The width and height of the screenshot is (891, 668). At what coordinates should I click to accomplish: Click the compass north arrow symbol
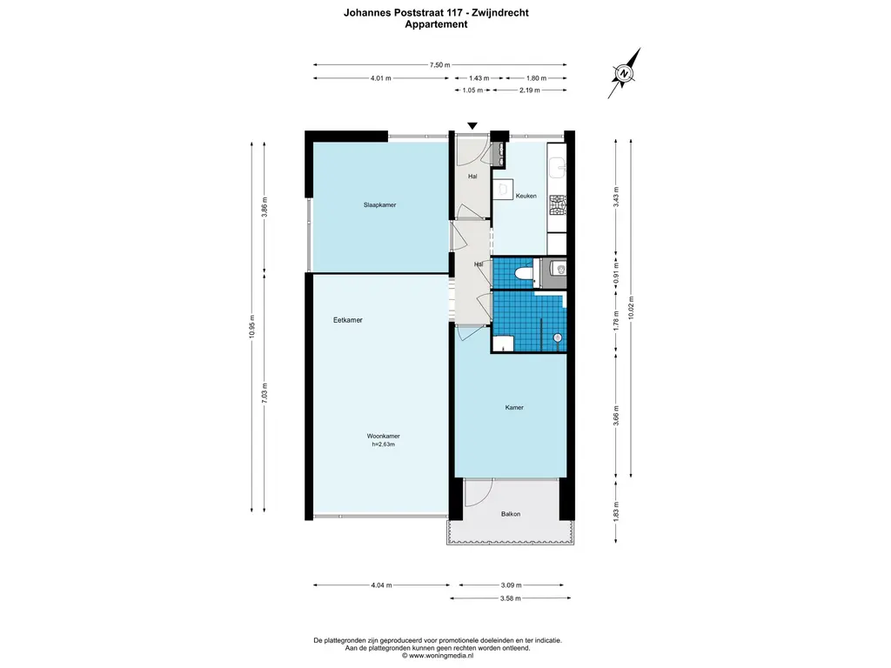coord(623,75)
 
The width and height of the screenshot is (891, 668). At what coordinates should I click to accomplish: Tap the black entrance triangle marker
coord(472,127)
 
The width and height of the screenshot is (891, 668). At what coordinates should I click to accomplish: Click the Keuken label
coord(526,196)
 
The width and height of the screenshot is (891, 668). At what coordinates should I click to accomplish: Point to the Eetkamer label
coord(347,320)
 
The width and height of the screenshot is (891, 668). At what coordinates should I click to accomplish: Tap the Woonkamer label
coord(383,436)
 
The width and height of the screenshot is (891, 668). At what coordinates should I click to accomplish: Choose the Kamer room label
coord(514,407)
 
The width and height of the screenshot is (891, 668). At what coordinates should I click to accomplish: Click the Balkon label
coord(511,514)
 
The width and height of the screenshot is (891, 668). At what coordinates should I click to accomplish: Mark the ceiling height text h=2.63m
coord(383,444)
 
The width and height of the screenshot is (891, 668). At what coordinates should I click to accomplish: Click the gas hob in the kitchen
coord(558,204)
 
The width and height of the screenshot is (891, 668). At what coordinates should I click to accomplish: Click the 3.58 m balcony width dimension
coord(511,598)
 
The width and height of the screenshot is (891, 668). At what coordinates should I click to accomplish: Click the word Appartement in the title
coord(436,25)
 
